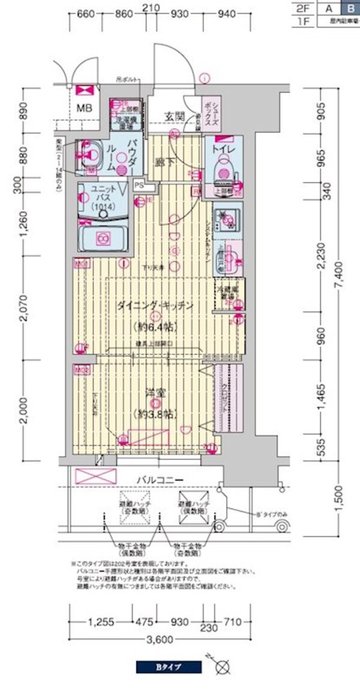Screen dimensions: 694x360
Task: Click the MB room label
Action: click(x=85, y=109)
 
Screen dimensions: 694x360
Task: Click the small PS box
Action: click(x=139, y=186)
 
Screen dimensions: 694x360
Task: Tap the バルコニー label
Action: click(x=159, y=479)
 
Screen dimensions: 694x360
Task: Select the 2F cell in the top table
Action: click(x=302, y=8)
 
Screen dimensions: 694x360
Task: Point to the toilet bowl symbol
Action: click(x=223, y=168)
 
